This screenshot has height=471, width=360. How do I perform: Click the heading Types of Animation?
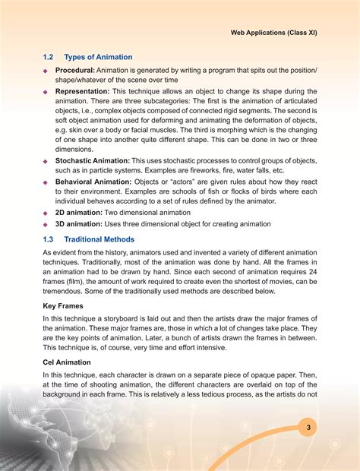pyautogui.click(x=99, y=57)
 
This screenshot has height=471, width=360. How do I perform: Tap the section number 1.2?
pyautogui.click(x=49, y=57)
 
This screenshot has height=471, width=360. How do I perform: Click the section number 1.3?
pyautogui.click(x=49, y=239)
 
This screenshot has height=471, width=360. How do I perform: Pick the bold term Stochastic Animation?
pyautogui.click(x=93, y=160)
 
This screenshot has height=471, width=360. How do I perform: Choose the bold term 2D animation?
pyautogui.click(x=79, y=213)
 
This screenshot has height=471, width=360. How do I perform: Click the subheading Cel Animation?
pyautogui.click(x=67, y=362)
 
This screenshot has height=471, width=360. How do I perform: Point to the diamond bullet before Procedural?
pyautogui.click(x=46, y=71)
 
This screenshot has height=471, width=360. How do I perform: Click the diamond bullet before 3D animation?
pyautogui.click(x=46, y=224)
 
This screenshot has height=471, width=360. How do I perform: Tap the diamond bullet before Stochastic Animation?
pyautogui.click(x=46, y=161)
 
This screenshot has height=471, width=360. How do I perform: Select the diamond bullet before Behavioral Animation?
pyautogui.click(x=46, y=182)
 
